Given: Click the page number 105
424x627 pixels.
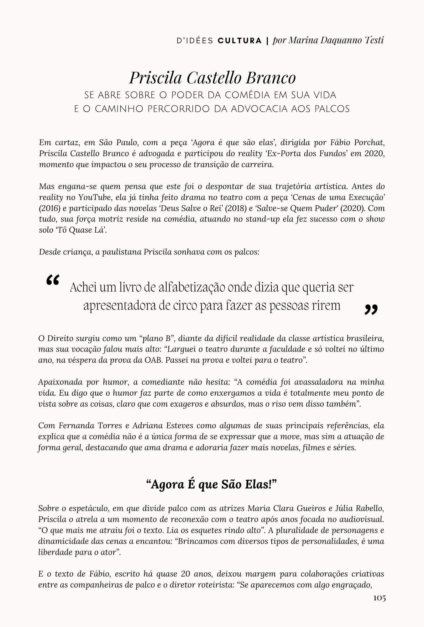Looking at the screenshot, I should (379, 598).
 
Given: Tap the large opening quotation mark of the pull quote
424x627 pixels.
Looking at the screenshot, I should (53, 280).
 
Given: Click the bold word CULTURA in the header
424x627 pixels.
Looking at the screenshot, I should (240, 41).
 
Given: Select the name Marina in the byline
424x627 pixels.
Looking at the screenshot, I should (303, 40).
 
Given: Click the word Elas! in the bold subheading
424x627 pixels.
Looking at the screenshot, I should (262, 485).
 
